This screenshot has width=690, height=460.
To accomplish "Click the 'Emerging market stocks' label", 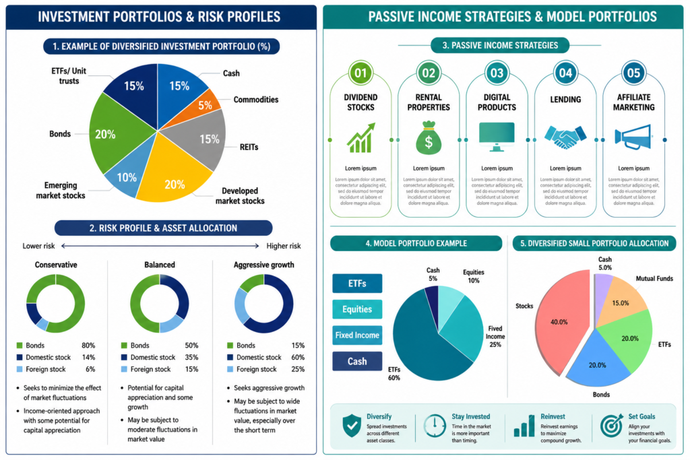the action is tap(61, 191).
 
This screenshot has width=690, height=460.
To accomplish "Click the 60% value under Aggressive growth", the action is tap(298, 357).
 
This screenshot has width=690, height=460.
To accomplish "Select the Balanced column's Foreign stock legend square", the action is tap(124, 369).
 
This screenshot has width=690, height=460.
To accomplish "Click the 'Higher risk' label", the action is tap(284, 246).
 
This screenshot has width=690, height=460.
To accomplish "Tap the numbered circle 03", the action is tap(497, 73).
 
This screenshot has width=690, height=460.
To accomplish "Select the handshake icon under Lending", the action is tap(565, 137).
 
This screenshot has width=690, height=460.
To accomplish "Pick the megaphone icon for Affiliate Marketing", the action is tap(633, 137).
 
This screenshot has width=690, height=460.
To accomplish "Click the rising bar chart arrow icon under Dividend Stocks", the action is tap(361, 137).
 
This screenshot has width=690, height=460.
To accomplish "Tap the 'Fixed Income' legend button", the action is tap(357, 335).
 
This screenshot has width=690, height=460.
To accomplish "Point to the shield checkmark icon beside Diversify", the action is tap(352, 426).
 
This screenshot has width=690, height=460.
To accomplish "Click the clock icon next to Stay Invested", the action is tap(435, 426).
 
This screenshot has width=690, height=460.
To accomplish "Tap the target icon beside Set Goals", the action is tap(612, 425).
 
